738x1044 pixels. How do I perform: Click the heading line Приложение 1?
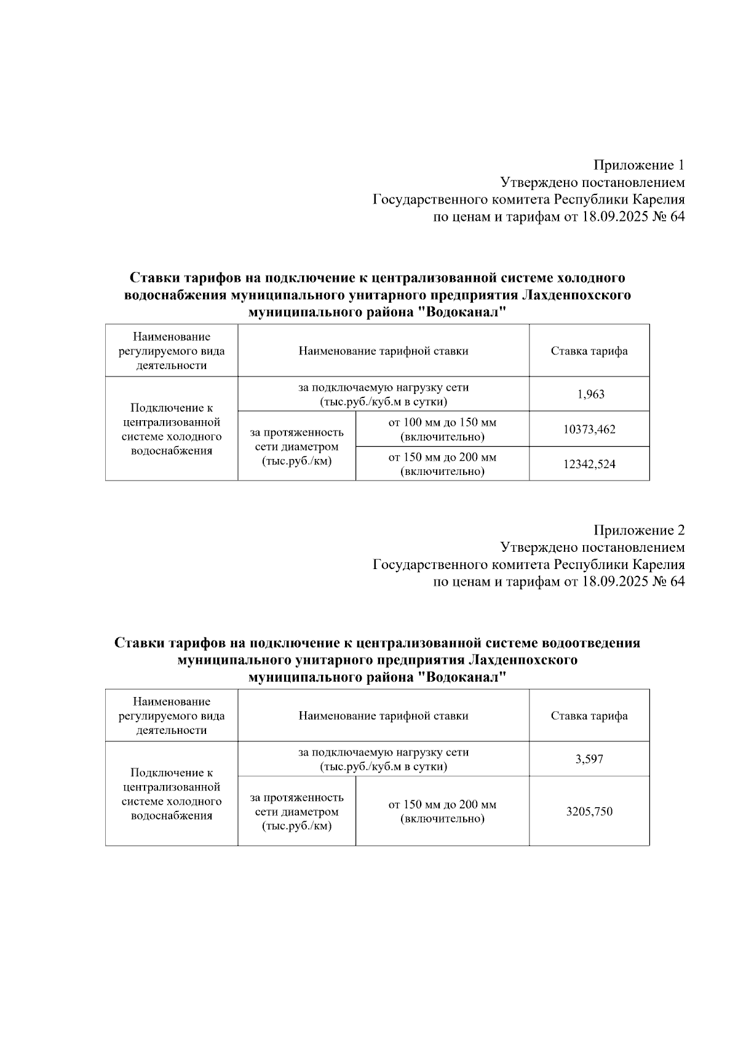(638, 165)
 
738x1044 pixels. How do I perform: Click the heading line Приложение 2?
(638, 530)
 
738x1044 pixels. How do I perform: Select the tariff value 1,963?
(590, 394)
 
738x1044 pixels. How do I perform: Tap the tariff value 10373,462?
(589, 429)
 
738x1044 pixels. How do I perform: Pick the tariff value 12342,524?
(589, 464)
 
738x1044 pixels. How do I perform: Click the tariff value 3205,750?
(589, 811)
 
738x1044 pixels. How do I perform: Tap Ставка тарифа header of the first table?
(589, 351)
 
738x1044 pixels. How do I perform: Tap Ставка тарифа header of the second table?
(589, 715)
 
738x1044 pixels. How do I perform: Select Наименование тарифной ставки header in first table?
(383, 351)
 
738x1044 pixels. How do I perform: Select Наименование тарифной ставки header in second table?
(383, 715)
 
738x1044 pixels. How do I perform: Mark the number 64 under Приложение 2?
(676, 581)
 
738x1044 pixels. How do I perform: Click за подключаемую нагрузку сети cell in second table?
(383, 759)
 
